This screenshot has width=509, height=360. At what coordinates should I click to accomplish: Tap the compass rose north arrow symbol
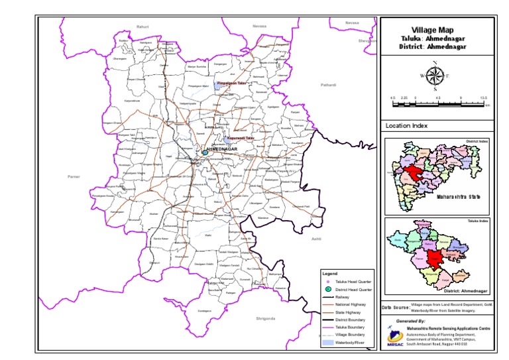435,76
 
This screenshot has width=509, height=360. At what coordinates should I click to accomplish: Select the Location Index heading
406,125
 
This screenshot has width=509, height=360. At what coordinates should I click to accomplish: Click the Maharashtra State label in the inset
457,196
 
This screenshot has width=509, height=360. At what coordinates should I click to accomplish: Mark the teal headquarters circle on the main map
205,152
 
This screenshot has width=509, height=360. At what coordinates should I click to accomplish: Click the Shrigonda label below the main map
264,318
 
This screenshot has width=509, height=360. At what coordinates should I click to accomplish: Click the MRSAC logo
394,337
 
